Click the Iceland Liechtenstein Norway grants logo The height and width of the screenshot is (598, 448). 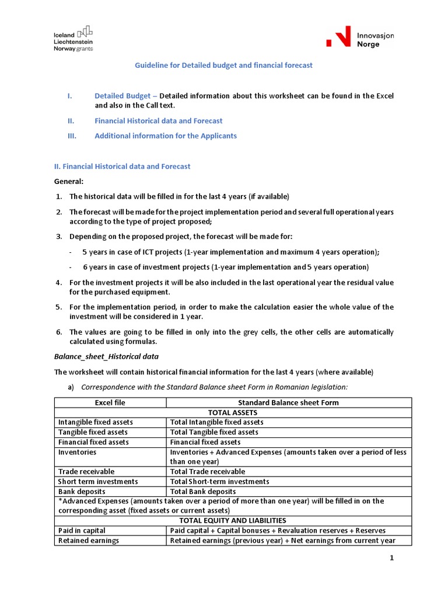click(x=73, y=38)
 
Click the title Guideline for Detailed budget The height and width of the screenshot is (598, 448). click(x=224, y=65)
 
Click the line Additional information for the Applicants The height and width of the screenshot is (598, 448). click(x=166, y=136)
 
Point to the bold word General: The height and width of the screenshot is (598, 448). click(x=69, y=181)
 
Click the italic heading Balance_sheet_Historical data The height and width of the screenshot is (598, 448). click(x=107, y=356)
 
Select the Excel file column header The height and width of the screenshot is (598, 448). click(x=110, y=403)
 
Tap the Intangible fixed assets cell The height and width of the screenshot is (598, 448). click(x=96, y=422)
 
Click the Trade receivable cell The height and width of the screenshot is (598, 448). click(x=86, y=471)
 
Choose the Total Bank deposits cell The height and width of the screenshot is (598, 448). click(x=203, y=491)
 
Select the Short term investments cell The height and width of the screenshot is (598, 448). click(x=98, y=481)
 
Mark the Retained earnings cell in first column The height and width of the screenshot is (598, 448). click(x=89, y=540)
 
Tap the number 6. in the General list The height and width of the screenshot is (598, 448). click(x=59, y=332)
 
